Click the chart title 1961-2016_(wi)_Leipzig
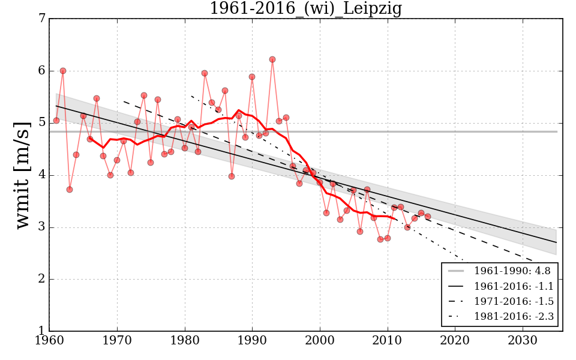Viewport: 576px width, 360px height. tap(305, 9)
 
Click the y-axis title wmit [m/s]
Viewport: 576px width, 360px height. tap(23, 175)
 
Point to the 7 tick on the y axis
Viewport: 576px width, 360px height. tap(41, 19)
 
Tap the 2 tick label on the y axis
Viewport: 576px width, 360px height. tap(41, 280)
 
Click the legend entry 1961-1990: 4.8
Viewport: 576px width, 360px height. tap(512, 271)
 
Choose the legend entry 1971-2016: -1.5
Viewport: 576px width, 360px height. tap(512, 301)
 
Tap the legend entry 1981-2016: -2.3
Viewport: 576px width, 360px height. tap(512, 316)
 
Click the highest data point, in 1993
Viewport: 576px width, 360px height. tap(272, 59)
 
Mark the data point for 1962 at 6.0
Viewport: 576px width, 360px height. tap(63, 71)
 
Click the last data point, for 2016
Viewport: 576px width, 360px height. tap(428, 217)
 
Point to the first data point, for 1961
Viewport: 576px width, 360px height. tap(56, 121)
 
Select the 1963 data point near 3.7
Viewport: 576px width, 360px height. tap(70, 190)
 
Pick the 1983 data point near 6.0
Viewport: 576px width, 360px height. tap(205, 73)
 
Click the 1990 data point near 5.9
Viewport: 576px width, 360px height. tap(252, 77)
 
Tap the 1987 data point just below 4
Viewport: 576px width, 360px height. tap(232, 176)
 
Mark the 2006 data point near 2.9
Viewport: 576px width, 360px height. tap(360, 232)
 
